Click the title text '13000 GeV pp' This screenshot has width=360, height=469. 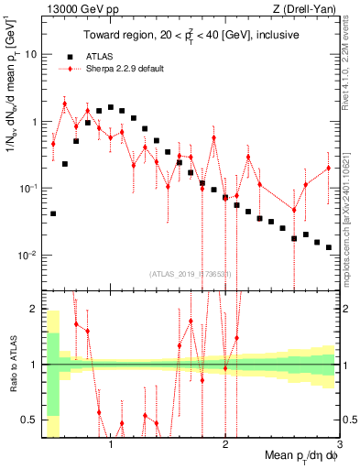(72, 8)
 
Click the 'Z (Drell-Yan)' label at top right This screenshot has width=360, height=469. (309, 8)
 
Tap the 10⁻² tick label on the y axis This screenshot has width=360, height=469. (27, 255)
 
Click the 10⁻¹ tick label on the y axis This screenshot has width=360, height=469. (27, 188)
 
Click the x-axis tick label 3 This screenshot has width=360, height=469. (339, 444)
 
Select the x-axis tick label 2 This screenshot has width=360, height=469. (225, 444)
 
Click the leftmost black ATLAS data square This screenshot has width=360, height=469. (53, 213)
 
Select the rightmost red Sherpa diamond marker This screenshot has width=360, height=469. (328, 168)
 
